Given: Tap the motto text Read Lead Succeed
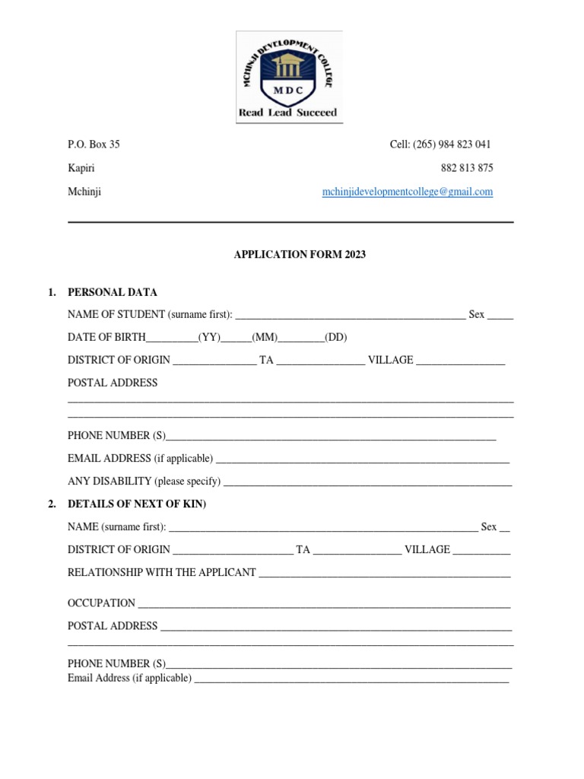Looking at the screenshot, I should click(288, 113).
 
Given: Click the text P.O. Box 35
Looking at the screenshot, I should click(94, 145).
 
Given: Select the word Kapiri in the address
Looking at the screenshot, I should click(81, 168).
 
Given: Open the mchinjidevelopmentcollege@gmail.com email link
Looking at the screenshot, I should click(408, 192).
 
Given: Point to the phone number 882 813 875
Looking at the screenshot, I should click(466, 168).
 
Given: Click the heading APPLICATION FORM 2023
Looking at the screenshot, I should click(300, 255).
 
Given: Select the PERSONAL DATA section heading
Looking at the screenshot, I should click(113, 292).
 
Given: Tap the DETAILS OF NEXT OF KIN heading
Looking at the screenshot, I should click(137, 504).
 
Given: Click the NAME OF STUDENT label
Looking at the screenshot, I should click(116, 315).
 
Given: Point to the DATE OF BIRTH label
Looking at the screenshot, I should click(106, 338).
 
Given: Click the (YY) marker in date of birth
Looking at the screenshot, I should click(209, 338).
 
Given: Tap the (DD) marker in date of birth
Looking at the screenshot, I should click(336, 338).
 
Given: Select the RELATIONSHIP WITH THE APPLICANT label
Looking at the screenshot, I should click(161, 572).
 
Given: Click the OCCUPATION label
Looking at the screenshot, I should click(101, 603).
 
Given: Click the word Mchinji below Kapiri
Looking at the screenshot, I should click(84, 192).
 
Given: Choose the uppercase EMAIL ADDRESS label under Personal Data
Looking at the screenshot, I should click(109, 459).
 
